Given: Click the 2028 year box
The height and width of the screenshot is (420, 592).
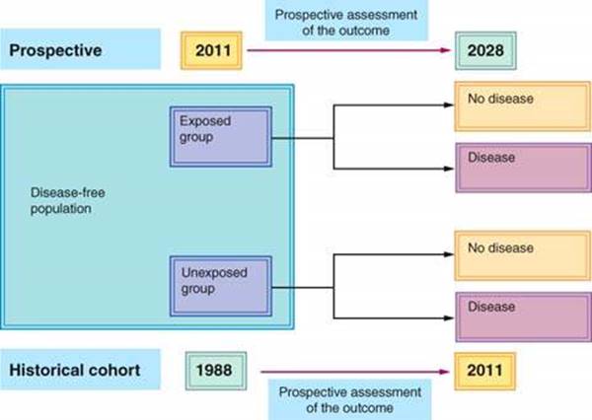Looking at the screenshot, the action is point(485,50).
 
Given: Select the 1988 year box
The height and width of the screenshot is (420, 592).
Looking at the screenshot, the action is point(216,371).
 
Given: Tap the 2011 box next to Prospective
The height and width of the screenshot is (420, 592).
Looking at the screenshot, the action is point(211,50).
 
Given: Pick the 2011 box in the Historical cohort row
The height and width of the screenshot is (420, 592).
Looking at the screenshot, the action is point(484,371).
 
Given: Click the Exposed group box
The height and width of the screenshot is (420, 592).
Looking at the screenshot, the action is point(221,137).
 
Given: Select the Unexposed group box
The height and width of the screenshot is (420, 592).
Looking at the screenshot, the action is point(221,287).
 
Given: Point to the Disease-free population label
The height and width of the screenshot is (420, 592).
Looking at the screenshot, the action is point(68,200).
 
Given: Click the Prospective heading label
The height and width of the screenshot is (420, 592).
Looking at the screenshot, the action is point(55,50).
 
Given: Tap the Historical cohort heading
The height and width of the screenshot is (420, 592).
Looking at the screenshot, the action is point(75,370).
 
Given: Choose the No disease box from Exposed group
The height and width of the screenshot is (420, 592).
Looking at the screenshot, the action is point(523,106).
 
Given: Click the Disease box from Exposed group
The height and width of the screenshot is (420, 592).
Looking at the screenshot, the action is point(523,168).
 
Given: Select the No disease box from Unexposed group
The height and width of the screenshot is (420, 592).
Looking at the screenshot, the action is point(523,256).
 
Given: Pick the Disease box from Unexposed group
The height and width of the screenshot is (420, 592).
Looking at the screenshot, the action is point(523,317).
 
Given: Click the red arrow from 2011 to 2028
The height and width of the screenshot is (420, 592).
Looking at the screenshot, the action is point(349,50).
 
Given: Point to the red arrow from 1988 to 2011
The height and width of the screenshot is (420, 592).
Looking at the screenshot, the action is point(355,372).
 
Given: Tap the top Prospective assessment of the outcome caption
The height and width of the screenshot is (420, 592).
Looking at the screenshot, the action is point(346,23).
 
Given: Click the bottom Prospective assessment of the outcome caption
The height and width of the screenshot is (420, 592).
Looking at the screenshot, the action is point(350,400).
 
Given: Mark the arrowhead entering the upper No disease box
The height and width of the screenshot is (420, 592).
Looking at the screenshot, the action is point(449,105).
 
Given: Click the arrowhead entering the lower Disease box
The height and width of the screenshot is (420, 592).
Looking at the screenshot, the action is point(449,318).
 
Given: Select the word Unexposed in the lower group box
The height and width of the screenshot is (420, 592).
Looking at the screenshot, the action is point(214,272).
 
